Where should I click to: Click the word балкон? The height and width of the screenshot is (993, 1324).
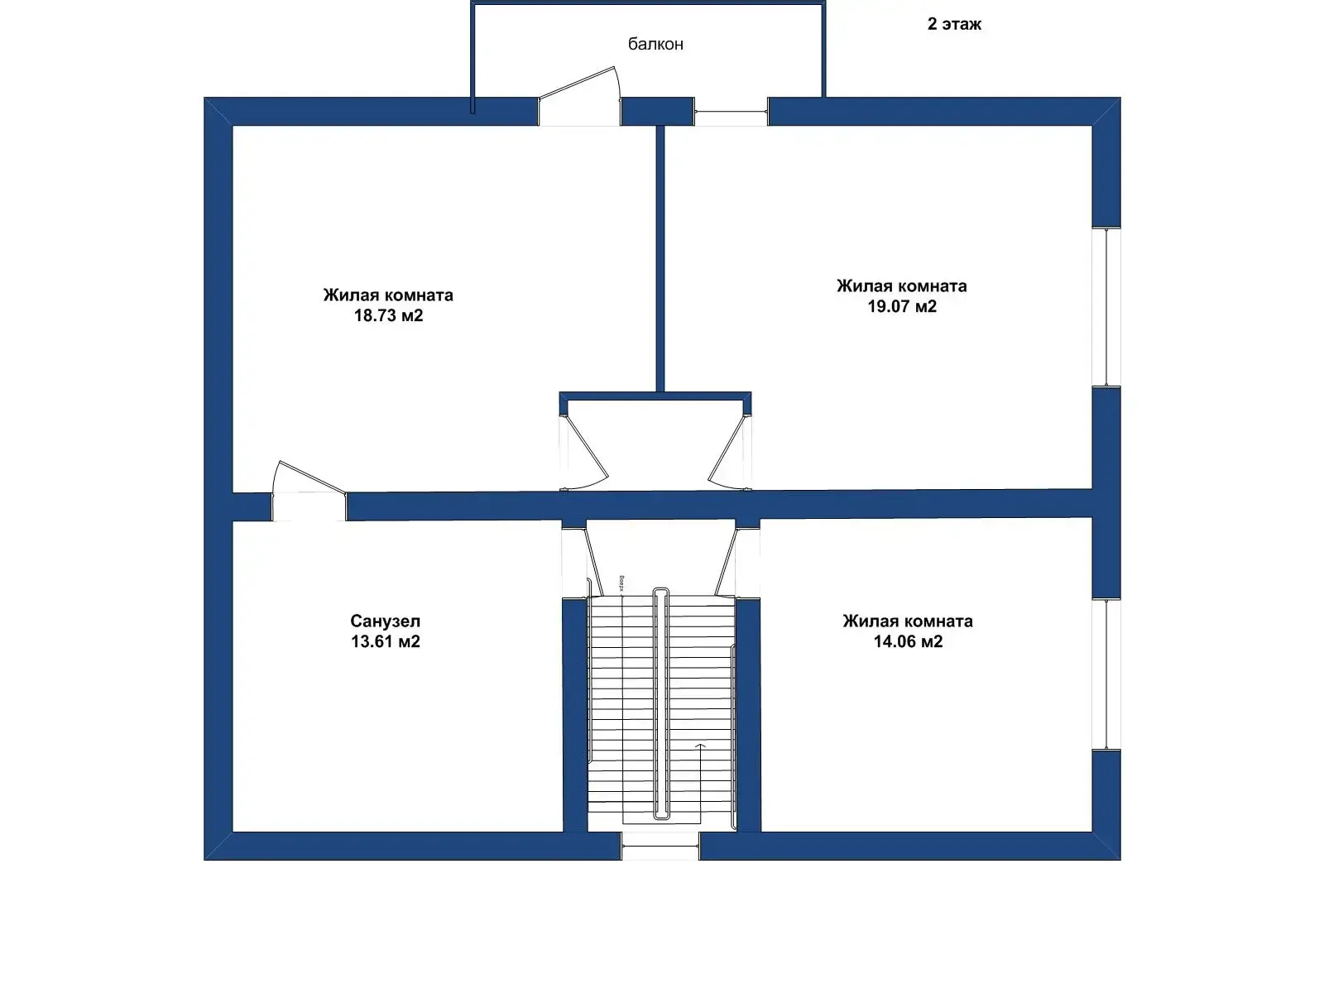655,44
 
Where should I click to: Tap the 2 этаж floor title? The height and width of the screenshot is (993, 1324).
954,24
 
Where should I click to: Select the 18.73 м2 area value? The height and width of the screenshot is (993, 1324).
388,315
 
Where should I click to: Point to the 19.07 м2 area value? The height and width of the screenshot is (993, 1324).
901,306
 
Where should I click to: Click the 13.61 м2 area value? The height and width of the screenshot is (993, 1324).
386,641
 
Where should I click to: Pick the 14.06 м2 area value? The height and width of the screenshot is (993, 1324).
908,641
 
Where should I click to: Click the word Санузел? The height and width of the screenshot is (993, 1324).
386,621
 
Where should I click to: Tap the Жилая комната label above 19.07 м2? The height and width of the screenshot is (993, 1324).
901,286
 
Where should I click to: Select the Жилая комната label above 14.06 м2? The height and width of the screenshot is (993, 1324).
908,621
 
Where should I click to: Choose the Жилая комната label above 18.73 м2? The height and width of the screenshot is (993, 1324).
388,295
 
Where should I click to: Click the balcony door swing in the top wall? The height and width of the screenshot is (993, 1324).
580,98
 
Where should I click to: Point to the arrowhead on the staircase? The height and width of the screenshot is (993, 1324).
700,746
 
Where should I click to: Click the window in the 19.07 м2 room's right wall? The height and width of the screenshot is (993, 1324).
1106,306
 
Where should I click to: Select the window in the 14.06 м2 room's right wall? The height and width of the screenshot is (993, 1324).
1106,674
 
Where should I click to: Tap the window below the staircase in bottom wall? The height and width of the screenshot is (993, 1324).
660,846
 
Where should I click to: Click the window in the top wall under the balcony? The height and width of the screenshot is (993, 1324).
731,112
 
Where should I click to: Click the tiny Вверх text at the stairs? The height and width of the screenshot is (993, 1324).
621,585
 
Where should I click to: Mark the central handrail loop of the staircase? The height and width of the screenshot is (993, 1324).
660,703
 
